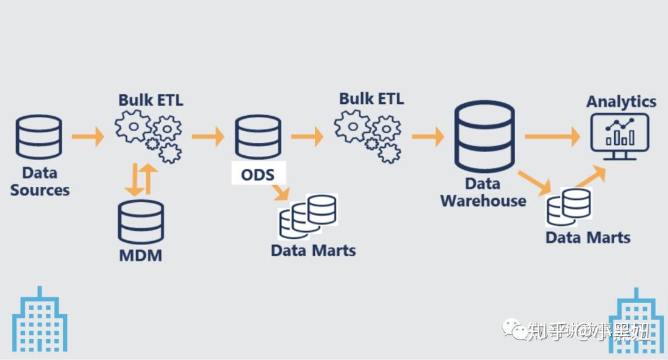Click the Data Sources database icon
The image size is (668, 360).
tap(39, 136)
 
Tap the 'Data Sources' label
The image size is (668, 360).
tap(40, 181)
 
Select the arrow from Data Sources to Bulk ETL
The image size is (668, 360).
tap(88, 135)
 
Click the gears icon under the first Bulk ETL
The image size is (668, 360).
tap(149, 135)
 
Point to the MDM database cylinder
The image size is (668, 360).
tap(141, 221)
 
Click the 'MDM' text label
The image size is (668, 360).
tap(140, 254)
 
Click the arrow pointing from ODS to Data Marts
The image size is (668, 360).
tap(280, 192)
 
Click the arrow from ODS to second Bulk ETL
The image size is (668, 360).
tap(307, 135)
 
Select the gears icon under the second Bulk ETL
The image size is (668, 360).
tap(369, 135)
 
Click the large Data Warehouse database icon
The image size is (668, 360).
tap(484, 136)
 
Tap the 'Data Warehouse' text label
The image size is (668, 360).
tap(483, 192)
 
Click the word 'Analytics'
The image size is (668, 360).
tap(621, 101)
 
